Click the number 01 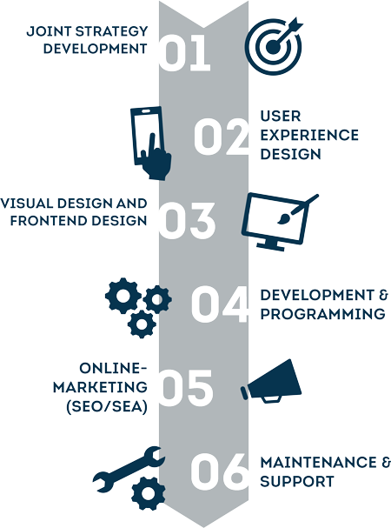[184, 53]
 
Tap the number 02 [221, 137]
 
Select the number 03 [187, 221]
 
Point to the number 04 [220, 304]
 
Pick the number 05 [186, 388]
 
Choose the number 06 [220, 471]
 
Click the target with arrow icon [274, 45]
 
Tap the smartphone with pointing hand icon [150, 144]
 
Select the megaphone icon [271, 381]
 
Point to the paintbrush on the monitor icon [297, 209]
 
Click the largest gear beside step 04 [123, 296]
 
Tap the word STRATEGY [112, 31]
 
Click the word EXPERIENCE [309, 135]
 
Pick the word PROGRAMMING [322, 314]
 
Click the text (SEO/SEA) [107, 407]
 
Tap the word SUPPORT [297, 481]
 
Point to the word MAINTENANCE [318, 463]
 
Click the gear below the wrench [148, 493]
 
